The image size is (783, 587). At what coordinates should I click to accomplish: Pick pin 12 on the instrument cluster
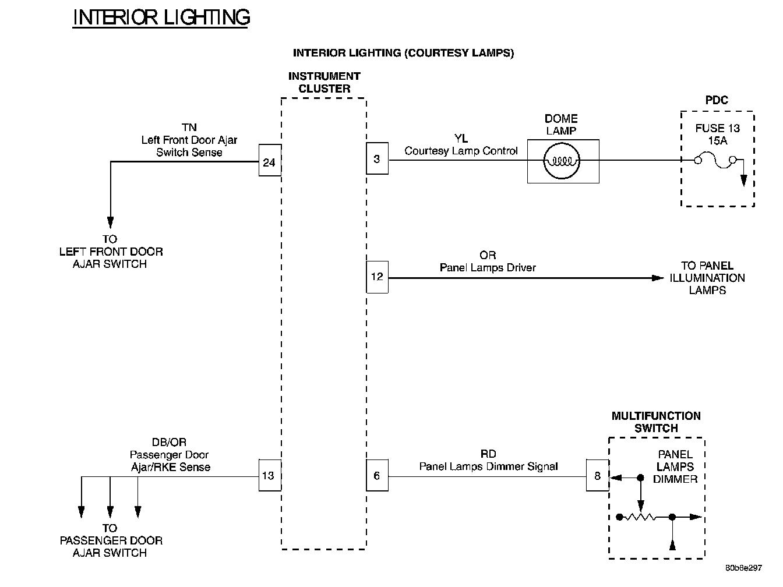pyautogui.click(x=377, y=277)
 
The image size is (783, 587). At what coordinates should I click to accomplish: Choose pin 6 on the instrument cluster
pyautogui.click(x=377, y=476)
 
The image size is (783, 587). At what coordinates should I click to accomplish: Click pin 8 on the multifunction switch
pyautogui.click(x=597, y=476)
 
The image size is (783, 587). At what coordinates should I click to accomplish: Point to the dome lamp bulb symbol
pyautogui.click(x=562, y=161)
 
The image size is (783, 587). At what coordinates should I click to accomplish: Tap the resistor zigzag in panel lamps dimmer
pyautogui.click(x=644, y=517)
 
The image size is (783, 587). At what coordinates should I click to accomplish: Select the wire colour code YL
pyautogui.click(x=461, y=139)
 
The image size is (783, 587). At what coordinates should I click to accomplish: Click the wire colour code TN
pyautogui.click(x=189, y=128)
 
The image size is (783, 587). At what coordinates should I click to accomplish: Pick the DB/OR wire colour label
pyautogui.click(x=169, y=443)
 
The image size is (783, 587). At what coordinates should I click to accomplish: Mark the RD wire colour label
pyautogui.click(x=489, y=454)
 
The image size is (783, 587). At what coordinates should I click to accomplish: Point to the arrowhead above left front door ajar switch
pyautogui.click(x=110, y=222)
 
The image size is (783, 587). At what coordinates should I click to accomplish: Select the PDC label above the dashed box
pyautogui.click(x=717, y=100)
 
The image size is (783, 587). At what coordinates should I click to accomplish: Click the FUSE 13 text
pyautogui.click(x=718, y=128)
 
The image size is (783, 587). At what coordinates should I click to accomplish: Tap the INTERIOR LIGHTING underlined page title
pyautogui.click(x=161, y=17)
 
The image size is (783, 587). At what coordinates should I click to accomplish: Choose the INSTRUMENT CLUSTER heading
pyautogui.click(x=324, y=82)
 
